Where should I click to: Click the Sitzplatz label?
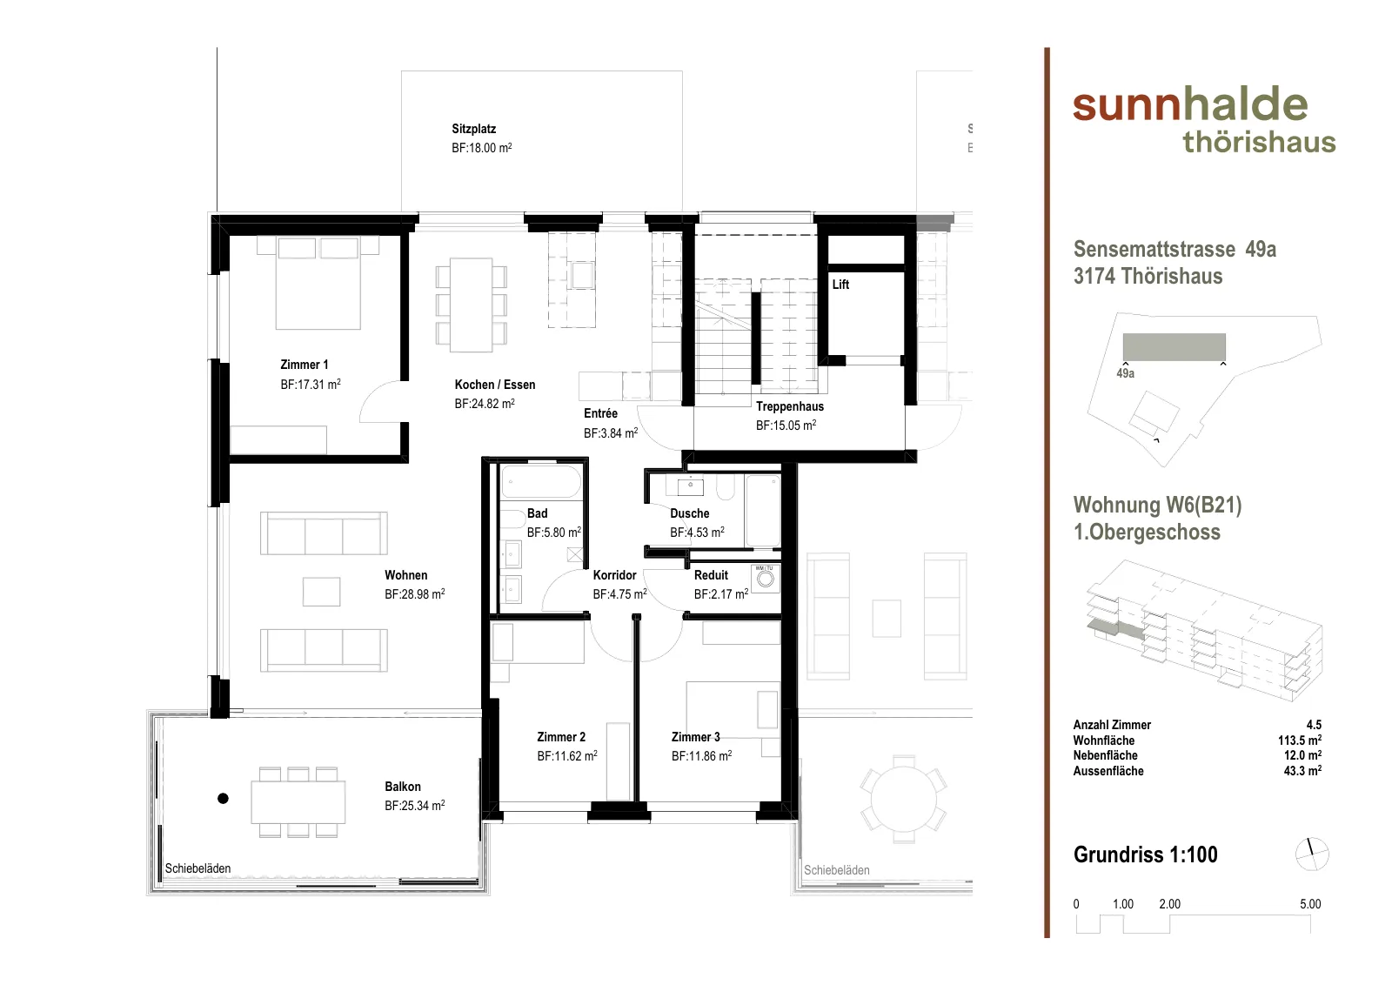click(x=473, y=130)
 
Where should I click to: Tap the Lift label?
click(x=840, y=285)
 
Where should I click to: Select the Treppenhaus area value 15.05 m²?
click(x=786, y=425)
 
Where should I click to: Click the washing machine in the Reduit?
click(x=766, y=579)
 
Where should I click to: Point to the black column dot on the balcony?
click(x=223, y=799)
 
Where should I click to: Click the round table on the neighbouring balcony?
click(x=904, y=799)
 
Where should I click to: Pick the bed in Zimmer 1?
click(x=318, y=283)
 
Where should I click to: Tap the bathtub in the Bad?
click(x=540, y=482)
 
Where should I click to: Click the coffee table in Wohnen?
click(x=321, y=592)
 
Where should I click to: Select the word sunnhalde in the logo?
click(x=1190, y=104)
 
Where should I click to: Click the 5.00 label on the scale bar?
click(x=1310, y=904)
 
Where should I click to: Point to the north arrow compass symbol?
click(x=1312, y=854)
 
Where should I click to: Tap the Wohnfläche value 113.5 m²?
click(x=1300, y=740)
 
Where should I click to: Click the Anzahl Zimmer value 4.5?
click(x=1314, y=725)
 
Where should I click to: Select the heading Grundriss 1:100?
click(x=1145, y=854)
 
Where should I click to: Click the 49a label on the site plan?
click(x=1126, y=373)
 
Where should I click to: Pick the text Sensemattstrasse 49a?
click(x=1174, y=249)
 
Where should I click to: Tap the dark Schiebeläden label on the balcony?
click(x=197, y=868)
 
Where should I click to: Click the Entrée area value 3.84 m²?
click(x=610, y=433)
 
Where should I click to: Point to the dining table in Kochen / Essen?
click(x=471, y=305)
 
